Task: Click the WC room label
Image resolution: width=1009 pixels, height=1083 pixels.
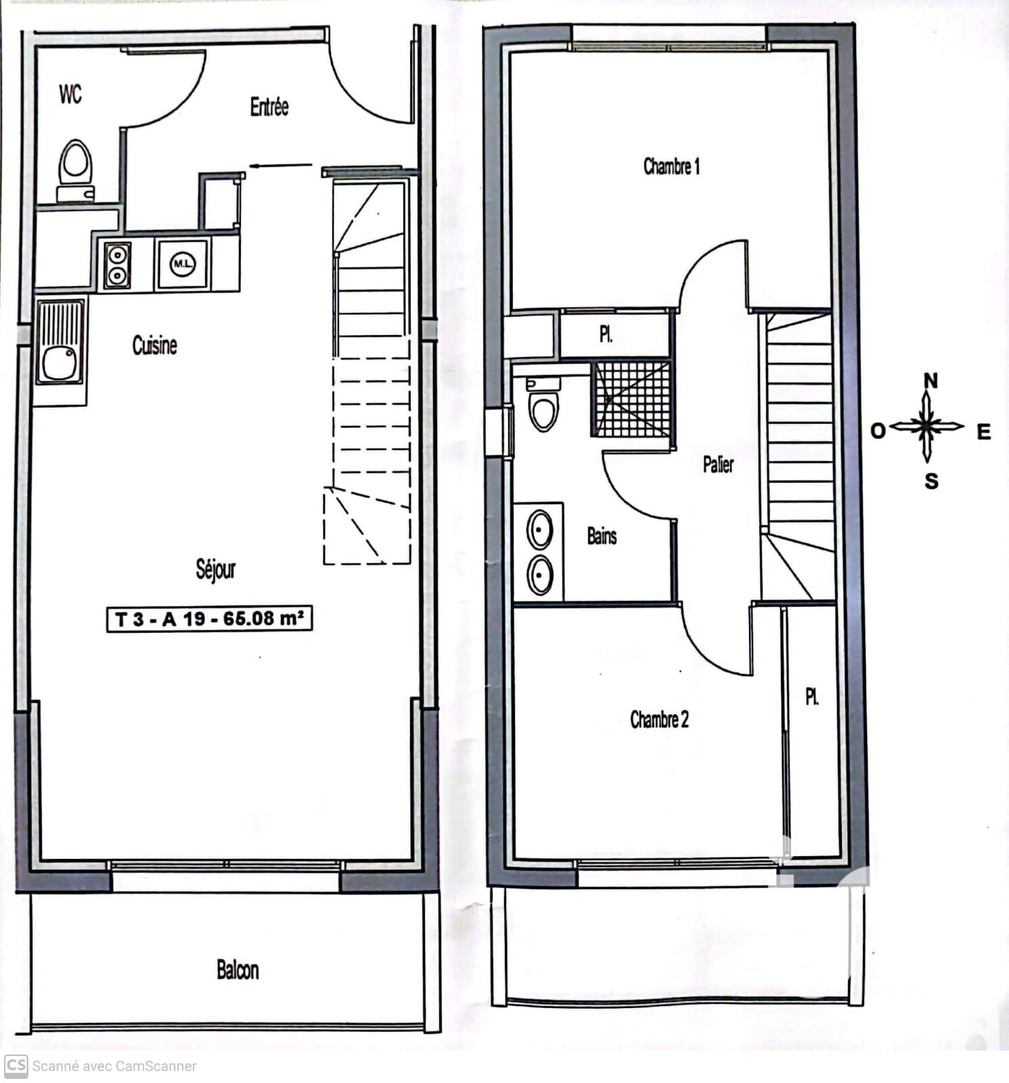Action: pos(70,93)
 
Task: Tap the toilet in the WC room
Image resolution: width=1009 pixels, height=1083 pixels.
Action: pos(75,171)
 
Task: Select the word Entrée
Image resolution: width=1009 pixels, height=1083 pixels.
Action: pos(269,106)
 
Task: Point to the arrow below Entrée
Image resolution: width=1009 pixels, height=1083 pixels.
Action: pos(281,165)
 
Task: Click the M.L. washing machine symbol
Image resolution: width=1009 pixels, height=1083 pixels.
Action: pos(182,263)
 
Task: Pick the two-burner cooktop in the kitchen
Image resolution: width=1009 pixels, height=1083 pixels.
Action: pos(117,265)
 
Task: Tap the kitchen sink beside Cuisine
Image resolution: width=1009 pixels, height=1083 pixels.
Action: pos(60,342)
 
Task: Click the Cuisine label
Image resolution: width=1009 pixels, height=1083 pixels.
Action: pos(154,345)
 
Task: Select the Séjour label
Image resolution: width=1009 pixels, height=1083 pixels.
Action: pos(216,569)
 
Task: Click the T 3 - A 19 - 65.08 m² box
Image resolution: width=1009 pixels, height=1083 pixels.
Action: pos(209,619)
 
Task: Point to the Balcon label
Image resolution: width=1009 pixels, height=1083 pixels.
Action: pos(238,969)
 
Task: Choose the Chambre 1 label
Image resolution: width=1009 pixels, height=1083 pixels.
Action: pos(671,166)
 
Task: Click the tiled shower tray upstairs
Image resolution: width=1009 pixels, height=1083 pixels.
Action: pos(632,399)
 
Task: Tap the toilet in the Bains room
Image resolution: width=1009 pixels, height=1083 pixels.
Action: pos(543,405)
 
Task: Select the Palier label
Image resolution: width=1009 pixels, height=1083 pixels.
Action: pos(718,464)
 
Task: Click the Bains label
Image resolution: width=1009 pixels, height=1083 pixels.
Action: pos(602,536)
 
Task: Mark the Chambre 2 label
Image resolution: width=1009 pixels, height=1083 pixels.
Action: pos(659,719)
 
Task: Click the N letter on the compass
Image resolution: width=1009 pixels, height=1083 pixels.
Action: pos(931,381)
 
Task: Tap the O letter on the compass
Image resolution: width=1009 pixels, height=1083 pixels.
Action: pos(878,430)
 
